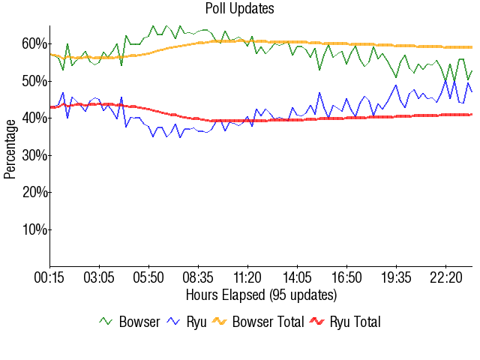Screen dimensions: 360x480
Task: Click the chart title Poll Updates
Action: click(239, 9)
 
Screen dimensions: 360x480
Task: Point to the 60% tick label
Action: click(34, 43)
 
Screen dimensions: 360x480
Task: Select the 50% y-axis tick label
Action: click(34, 81)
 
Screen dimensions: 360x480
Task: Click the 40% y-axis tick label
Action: click(34, 118)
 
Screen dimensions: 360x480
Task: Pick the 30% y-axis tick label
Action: click(34, 155)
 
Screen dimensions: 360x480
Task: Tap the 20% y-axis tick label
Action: click(34, 192)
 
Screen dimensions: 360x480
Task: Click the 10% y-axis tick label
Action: click(34, 229)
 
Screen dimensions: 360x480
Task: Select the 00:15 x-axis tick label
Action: click(50, 277)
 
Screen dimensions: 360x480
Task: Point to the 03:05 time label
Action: click(100, 277)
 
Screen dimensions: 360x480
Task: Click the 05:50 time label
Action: click(149, 277)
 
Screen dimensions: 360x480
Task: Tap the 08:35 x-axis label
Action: click(199, 277)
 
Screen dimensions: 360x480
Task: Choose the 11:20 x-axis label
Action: click(248, 277)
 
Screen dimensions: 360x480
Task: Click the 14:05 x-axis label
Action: click(298, 277)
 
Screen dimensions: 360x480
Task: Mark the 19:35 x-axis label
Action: click(396, 277)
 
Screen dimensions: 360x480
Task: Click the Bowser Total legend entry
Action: click(268, 322)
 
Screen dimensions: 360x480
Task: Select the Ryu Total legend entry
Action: click(355, 322)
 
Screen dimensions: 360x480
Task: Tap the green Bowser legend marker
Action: click(106, 322)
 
